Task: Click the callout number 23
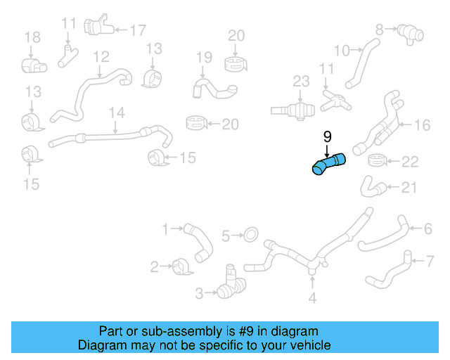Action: [x=301, y=82]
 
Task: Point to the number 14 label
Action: [x=117, y=112]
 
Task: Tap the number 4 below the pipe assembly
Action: [x=312, y=298]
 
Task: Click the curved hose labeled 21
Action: [x=373, y=186]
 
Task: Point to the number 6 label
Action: [x=427, y=228]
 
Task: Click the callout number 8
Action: [x=380, y=30]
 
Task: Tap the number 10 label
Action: [x=341, y=50]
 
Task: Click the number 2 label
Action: [x=155, y=266]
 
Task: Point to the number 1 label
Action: [x=166, y=229]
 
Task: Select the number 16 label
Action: [x=421, y=125]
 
